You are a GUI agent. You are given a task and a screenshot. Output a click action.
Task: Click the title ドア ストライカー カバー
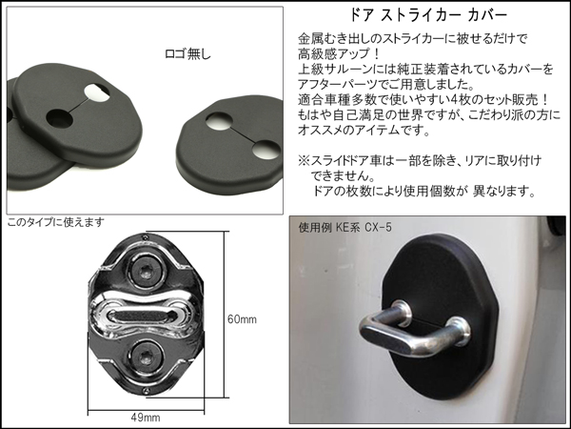[x=428, y=15]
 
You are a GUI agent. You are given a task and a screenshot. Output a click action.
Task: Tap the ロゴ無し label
[x=187, y=54]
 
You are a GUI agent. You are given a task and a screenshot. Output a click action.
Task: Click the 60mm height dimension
[x=242, y=319]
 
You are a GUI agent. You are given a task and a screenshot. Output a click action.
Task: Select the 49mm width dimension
[x=146, y=418]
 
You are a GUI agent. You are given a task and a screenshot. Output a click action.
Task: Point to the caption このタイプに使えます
[x=56, y=222]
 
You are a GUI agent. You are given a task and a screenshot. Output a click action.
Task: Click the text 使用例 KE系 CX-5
[x=345, y=228]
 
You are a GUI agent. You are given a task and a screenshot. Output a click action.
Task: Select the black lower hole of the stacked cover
[x=59, y=118]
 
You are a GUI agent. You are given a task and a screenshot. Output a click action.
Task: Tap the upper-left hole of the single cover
[x=219, y=121]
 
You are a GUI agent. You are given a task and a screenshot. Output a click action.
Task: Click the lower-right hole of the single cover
[x=266, y=150]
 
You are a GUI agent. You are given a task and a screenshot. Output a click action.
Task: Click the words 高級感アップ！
[x=340, y=54]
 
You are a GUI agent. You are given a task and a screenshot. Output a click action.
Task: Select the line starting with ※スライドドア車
[x=420, y=160]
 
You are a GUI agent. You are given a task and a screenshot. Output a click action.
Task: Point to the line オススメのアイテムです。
[x=364, y=130]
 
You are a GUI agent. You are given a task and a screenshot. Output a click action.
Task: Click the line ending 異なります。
[x=423, y=191]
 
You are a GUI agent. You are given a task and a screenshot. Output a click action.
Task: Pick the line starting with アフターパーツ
[x=386, y=84]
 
